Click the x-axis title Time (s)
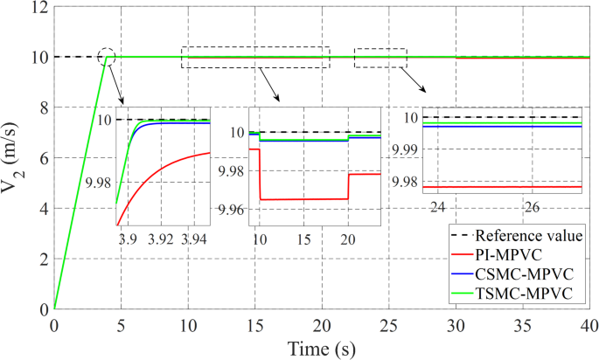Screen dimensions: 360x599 323,349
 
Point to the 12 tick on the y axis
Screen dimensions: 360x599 38,7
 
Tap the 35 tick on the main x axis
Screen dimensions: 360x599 523,324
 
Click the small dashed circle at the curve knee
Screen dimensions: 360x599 108,58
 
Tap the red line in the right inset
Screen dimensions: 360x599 507,187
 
